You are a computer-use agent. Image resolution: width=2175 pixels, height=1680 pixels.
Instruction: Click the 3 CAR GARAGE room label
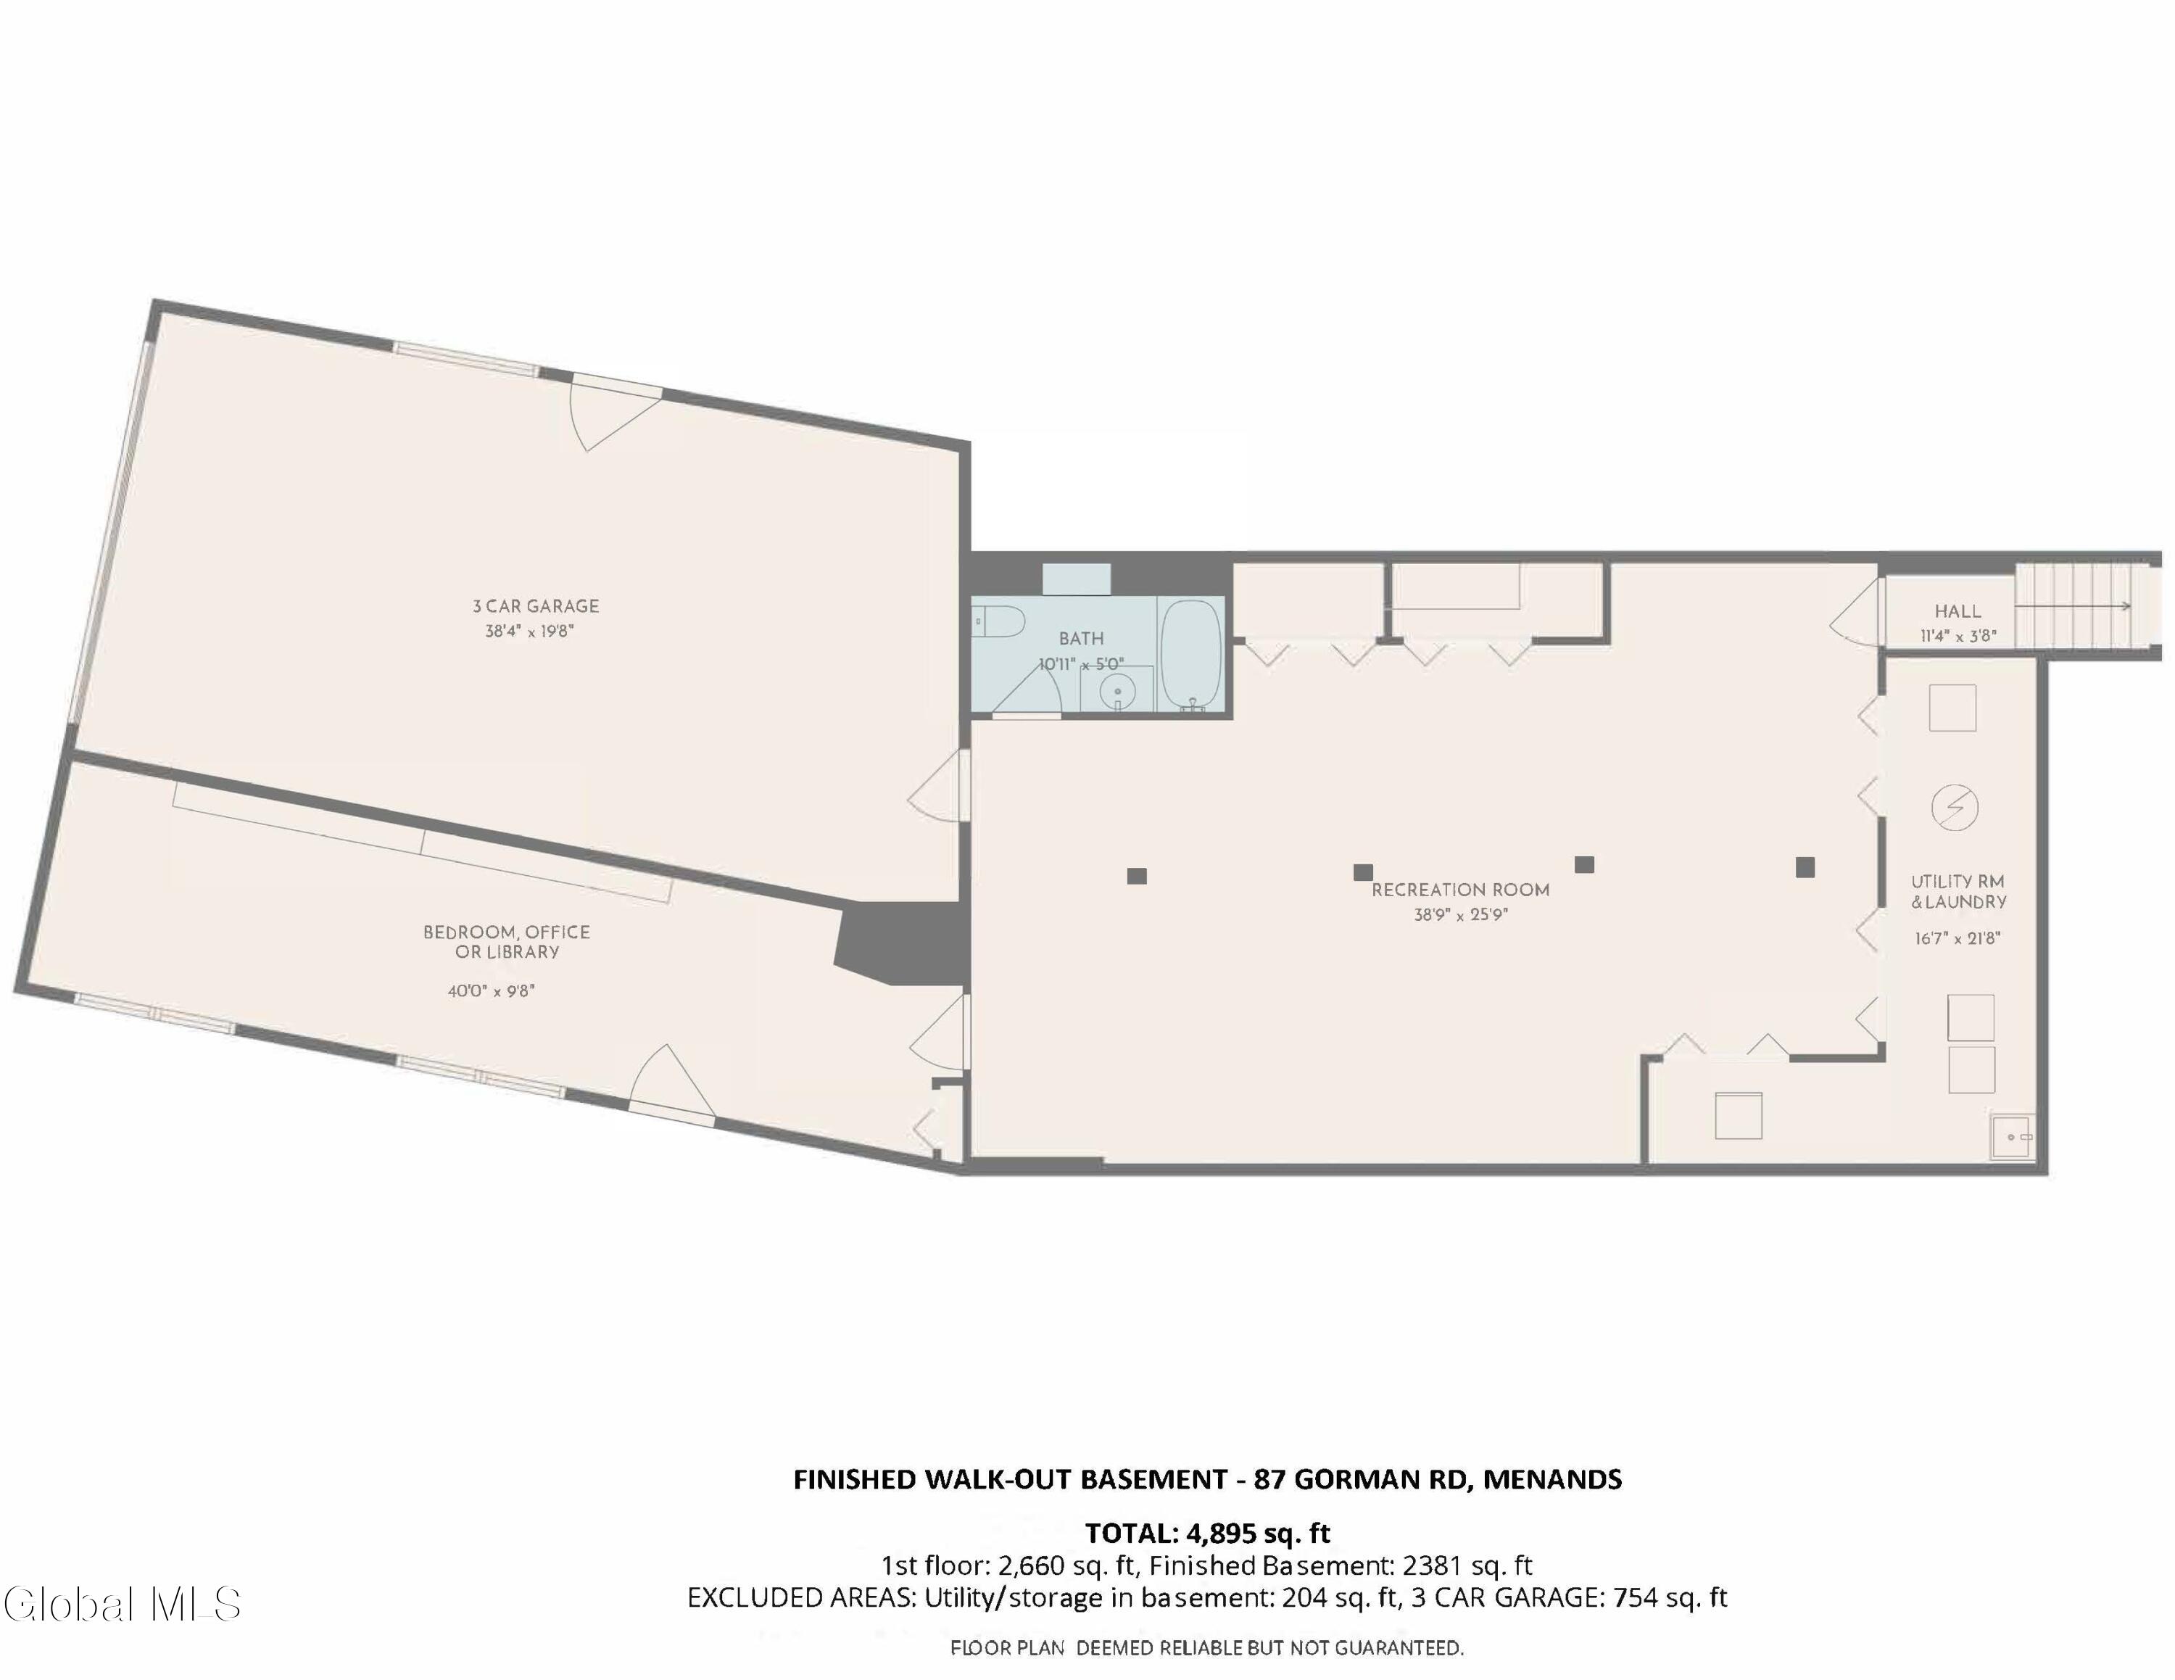click(536, 605)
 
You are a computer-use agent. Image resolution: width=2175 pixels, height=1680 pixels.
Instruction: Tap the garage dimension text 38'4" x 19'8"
click(530, 632)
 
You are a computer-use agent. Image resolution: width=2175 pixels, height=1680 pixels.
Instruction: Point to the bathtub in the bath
click(1191, 653)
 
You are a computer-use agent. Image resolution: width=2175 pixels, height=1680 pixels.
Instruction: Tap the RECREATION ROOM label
click(1460, 889)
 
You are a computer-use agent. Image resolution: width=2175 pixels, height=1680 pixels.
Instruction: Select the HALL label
click(1958, 611)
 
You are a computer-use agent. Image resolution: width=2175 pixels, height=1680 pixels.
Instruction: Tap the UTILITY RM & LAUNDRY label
click(1958, 891)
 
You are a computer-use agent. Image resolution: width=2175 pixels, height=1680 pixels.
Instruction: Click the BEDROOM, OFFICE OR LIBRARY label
click(507, 942)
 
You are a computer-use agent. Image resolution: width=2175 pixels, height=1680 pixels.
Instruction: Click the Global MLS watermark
click(122, 1603)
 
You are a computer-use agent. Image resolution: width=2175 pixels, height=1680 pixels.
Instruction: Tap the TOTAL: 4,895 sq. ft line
click(1208, 1533)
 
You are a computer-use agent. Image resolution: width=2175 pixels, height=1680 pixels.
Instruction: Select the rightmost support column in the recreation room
click(1805, 867)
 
